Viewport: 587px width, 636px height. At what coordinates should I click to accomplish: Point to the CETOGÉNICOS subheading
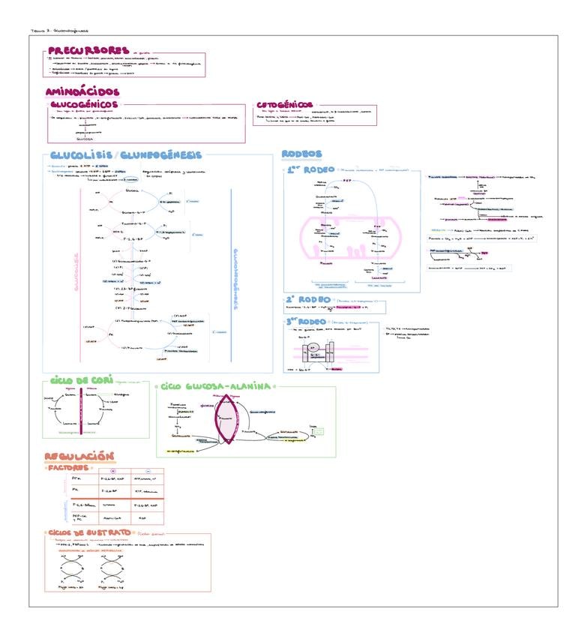285,105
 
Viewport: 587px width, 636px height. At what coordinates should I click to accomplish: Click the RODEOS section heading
301,154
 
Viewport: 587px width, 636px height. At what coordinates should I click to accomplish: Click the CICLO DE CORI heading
76,382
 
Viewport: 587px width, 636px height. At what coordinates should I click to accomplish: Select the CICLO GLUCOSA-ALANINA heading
214,386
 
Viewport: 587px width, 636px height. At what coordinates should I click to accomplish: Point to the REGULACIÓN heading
78,456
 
